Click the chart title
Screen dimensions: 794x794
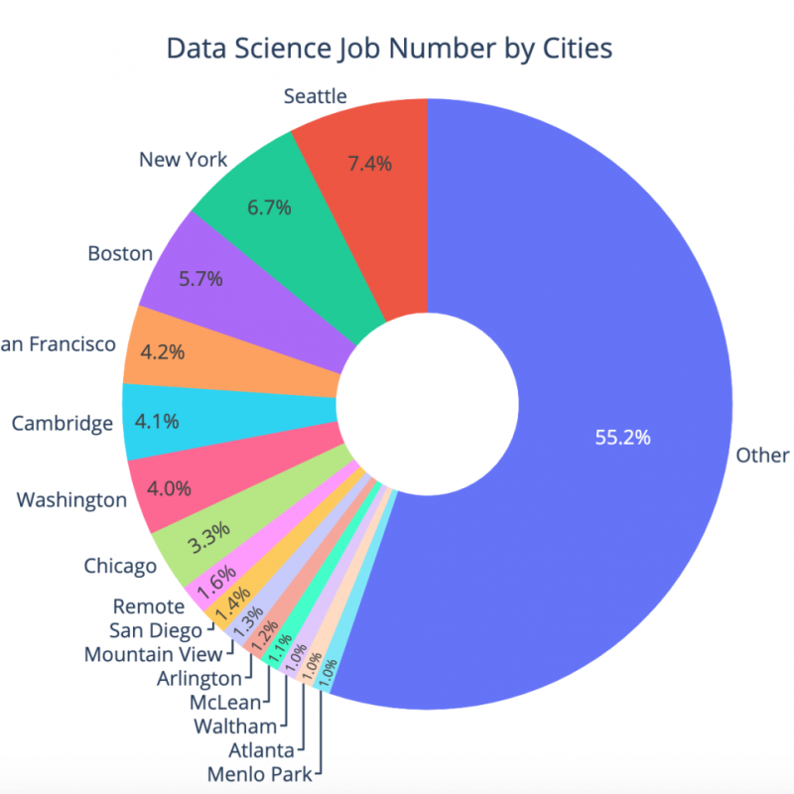click(388, 49)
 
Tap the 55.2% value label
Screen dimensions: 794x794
click(622, 437)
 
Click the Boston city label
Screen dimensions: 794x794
click(120, 253)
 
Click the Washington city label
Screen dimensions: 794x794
click(71, 498)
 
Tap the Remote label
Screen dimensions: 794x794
click(149, 605)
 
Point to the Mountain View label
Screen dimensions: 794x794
click(153, 655)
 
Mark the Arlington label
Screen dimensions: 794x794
click(199, 679)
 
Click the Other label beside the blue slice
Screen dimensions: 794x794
click(762, 455)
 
